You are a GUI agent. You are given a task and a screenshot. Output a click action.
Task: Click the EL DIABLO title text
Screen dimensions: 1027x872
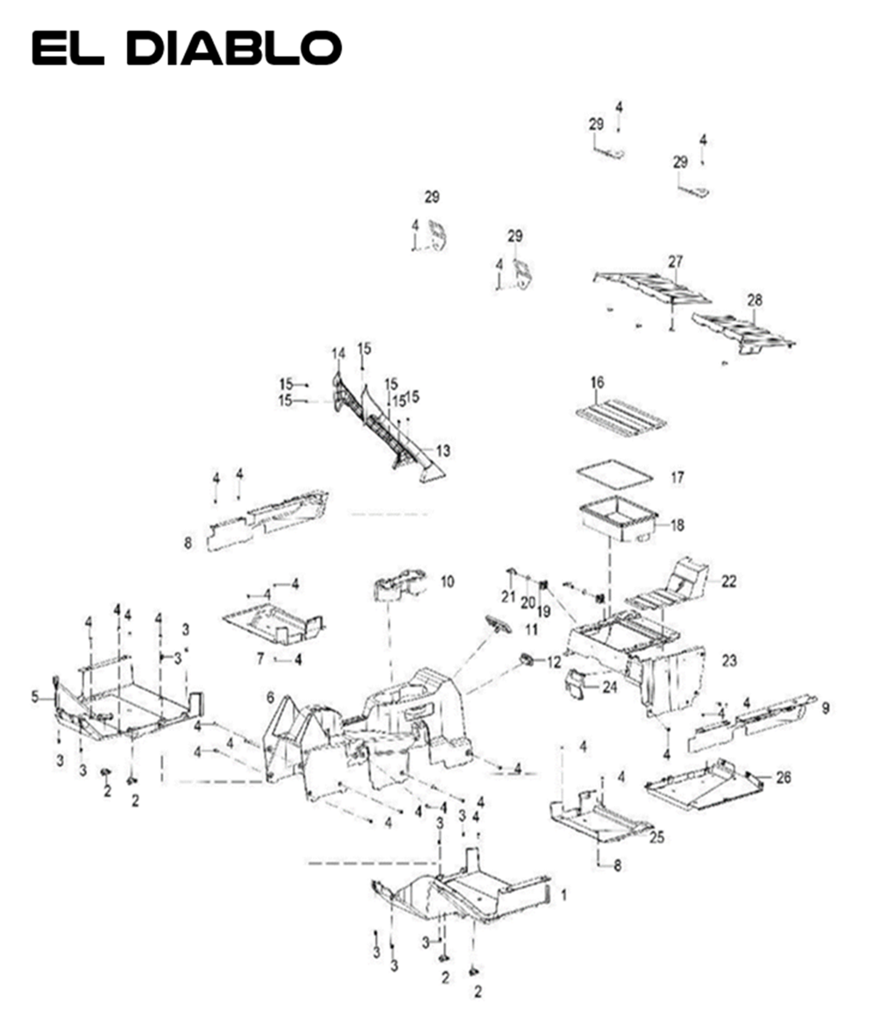(x=186, y=48)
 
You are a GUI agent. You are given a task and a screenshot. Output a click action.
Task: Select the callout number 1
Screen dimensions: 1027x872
(x=564, y=895)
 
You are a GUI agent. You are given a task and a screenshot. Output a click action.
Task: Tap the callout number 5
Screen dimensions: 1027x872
(x=35, y=697)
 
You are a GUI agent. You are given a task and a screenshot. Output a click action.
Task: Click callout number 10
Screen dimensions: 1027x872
(x=447, y=581)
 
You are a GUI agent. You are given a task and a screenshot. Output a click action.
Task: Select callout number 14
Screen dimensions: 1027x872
(x=338, y=353)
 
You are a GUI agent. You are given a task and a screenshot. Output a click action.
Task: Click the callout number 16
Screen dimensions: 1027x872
(x=598, y=383)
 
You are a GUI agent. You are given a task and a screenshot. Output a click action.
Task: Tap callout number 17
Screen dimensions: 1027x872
(x=677, y=478)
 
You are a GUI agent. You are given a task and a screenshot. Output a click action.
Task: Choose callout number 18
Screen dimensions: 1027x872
(x=677, y=525)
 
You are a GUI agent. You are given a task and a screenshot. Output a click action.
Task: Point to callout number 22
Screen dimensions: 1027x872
(x=729, y=580)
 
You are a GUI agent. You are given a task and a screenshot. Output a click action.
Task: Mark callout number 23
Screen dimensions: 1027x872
(x=729, y=661)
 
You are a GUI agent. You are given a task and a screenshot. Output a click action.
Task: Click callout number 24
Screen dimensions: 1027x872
(x=609, y=686)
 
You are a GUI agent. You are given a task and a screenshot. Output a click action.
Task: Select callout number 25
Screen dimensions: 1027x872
(x=657, y=837)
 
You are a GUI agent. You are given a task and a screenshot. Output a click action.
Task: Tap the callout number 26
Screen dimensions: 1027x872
(x=783, y=777)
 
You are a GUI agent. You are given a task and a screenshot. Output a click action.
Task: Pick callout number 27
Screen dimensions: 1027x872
(x=675, y=262)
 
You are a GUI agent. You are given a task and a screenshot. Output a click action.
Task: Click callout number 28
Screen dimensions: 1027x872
(x=755, y=300)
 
